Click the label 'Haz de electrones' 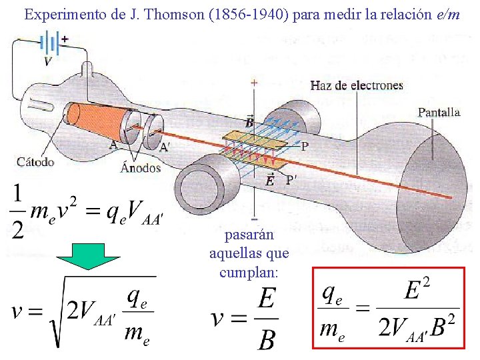point(357,85)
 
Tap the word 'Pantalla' point(439,113)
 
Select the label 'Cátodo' point(35,161)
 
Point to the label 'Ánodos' point(141,167)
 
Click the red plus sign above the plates point(253,83)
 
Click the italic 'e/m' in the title point(447,14)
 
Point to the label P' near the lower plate point(291,179)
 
